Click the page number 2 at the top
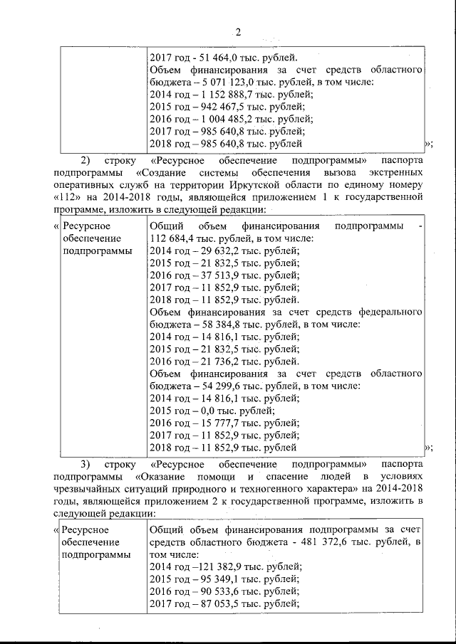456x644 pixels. coord(239,32)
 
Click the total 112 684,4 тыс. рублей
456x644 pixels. coord(195,238)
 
